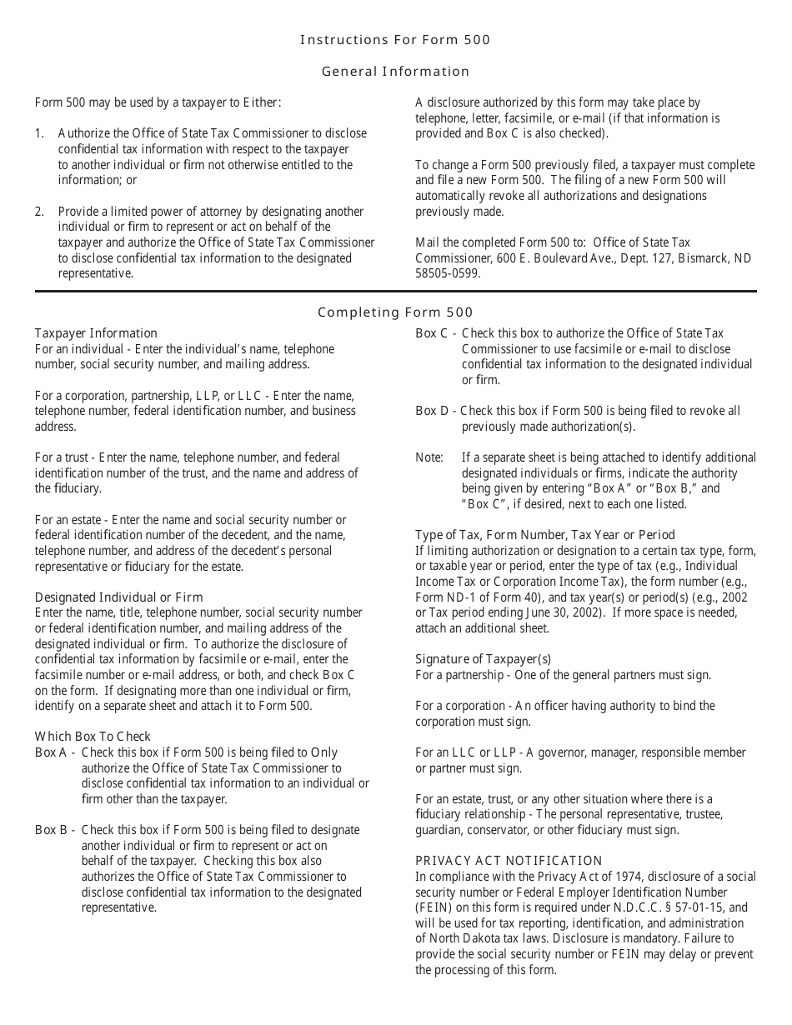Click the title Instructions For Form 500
(395, 39)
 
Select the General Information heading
(395, 71)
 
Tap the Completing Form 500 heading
(395, 312)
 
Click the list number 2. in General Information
(40, 212)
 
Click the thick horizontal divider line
(395, 292)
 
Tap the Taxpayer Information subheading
(96, 333)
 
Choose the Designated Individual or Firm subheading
(118, 597)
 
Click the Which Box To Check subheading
(93, 737)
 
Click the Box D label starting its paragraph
(434, 411)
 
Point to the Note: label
(429, 457)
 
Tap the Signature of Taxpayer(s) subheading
(483, 659)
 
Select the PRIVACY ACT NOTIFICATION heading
(509, 861)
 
